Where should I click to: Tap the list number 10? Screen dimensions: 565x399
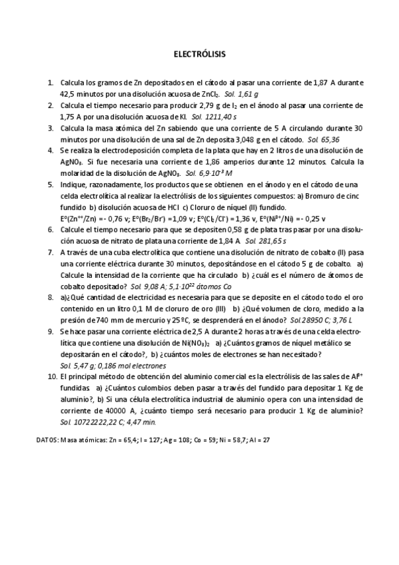[51, 376]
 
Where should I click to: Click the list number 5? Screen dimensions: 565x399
[51, 184]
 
